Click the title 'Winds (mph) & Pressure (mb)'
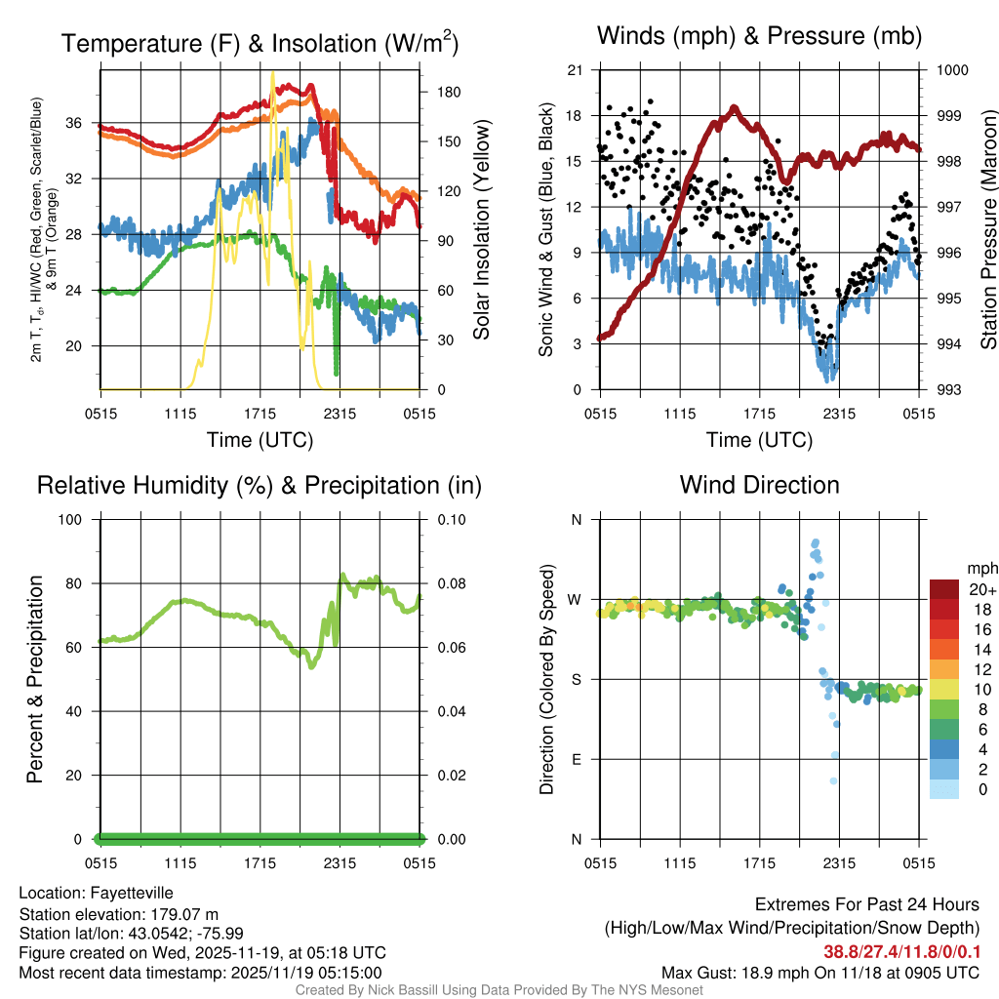(x=759, y=36)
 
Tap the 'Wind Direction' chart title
(x=759, y=485)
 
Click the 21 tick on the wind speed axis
(x=575, y=70)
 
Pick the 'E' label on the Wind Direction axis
(x=576, y=759)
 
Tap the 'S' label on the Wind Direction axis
(x=576, y=679)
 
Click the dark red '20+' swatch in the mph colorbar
(x=944, y=589)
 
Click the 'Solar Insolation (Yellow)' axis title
(x=481, y=229)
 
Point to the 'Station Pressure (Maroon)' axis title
(x=987, y=229)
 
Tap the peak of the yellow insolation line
(x=272, y=73)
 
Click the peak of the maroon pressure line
(x=735, y=107)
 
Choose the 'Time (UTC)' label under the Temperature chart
(x=260, y=440)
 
